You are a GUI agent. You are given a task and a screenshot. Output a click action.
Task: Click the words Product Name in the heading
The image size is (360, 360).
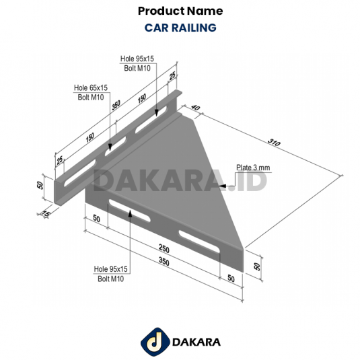180,11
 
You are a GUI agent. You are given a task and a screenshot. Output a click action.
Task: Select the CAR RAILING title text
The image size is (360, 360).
180,28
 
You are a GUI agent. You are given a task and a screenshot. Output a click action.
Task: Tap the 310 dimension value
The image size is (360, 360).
273,142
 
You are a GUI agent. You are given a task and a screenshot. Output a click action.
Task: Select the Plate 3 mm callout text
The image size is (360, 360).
252,168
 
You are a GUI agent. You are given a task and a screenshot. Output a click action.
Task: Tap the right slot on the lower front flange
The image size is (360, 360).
201,242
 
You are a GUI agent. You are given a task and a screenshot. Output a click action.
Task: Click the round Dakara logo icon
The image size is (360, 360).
152,341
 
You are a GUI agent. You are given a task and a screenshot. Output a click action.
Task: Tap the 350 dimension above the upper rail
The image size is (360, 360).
116,106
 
